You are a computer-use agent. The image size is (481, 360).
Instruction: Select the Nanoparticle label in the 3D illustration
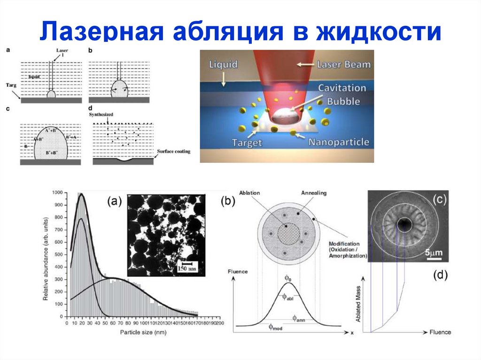pyautogui.click(x=338, y=142)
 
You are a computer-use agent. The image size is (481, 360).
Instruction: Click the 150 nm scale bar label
pyautogui.click(x=188, y=268)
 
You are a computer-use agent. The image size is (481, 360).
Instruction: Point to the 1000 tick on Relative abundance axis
pyautogui.click(x=57, y=193)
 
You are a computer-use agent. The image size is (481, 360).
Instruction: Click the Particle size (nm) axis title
pyautogui.click(x=142, y=332)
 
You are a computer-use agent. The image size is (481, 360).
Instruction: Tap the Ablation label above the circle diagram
pyautogui.click(x=249, y=193)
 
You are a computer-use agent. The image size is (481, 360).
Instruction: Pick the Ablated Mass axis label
pyautogui.click(x=358, y=305)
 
